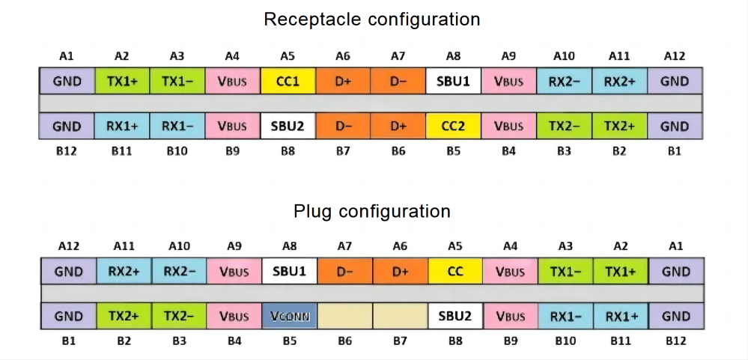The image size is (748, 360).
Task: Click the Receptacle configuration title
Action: pyautogui.click(x=371, y=19)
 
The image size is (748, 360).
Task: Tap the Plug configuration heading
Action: pyautogui.click(x=371, y=210)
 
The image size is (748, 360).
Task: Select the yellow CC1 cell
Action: pyautogui.click(x=288, y=81)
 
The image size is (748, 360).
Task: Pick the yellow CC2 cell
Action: pyautogui.click(x=454, y=126)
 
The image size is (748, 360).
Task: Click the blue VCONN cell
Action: pyautogui.click(x=290, y=316)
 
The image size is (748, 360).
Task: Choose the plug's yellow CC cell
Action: pyautogui.click(x=455, y=272)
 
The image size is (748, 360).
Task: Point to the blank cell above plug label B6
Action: pyautogui.click(x=345, y=316)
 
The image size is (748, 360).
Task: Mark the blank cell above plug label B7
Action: pyautogui.click(x=401, y=316)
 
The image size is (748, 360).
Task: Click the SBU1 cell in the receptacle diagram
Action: pyautogui.click(x=454, y=81)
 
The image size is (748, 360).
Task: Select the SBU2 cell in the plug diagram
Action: pyautogui.click(x=455, y=316)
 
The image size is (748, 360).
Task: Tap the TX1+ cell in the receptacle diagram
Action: pyautogui.click(x=122, y=81)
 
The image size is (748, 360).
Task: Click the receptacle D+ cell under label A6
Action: pyautogui.click(x=343, y=81)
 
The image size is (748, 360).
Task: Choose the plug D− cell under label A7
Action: pyautogui.click(x=345, y=272)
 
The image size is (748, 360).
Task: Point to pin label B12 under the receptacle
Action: pyautogui.click(x=67, y=152)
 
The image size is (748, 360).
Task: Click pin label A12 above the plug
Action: pyautogui.click(x=69, y=246)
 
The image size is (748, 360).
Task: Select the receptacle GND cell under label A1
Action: pyautogui.click(x=67, y=81)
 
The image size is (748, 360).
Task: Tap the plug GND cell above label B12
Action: pyautogui.click(x=676, y=316)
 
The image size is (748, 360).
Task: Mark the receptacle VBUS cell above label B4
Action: pyautogui.click(x=509, y=126)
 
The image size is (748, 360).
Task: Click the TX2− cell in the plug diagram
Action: pyautogui.click(x=180, y=316)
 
